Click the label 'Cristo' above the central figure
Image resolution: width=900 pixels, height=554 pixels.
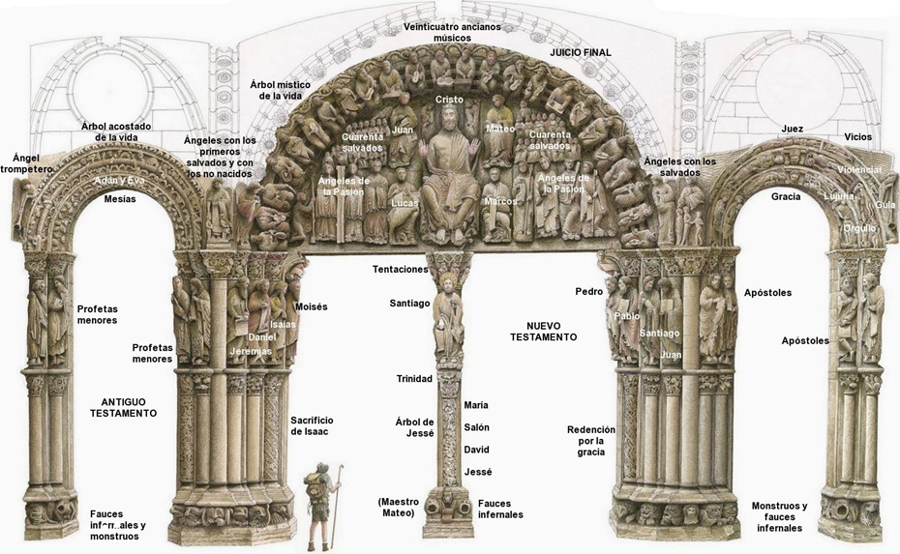(449, 100)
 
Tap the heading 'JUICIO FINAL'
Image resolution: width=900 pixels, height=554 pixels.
(581, 51)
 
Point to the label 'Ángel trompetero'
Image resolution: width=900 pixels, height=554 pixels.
(26, 162)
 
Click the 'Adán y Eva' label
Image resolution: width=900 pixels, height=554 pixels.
(119, 181)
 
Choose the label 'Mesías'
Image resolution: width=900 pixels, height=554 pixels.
(119, 199)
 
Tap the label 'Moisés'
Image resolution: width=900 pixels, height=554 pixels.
(311, 306)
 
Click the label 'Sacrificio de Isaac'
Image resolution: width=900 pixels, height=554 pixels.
(312, 425)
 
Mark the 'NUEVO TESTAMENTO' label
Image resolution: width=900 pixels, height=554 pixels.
(543, 331)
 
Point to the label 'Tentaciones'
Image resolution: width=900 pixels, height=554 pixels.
(400, 269)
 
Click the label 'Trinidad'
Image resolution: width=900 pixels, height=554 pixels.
(413, 378)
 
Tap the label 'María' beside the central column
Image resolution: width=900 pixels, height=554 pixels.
(476, 404)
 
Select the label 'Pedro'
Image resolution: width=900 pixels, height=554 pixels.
(588, 291)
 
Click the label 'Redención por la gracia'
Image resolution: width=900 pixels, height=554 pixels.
(585, 440)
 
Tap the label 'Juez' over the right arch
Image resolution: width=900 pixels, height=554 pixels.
(792, 129)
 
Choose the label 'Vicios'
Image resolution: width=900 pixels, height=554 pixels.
(857, 137)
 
